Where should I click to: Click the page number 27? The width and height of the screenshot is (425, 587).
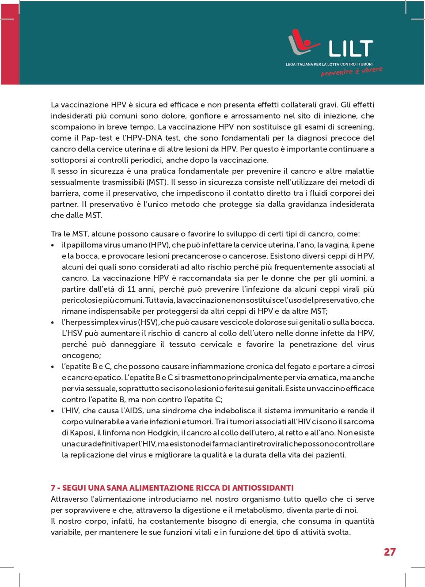pos(390,552)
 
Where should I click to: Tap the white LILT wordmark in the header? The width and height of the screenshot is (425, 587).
pos(351,49)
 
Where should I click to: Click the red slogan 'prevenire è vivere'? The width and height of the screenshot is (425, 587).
pos(352,71)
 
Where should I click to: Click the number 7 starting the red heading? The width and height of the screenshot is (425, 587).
pos(53,488)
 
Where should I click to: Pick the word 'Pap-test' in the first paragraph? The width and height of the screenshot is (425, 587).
pos(97,138)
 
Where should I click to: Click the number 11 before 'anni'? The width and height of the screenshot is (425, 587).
pos(131,289)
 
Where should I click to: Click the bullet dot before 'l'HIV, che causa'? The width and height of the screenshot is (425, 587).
pos(53,411)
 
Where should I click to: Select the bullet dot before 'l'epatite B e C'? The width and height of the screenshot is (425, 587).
pos(53,367)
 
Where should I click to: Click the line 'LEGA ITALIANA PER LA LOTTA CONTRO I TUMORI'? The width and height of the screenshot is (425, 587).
pos(329,64)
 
